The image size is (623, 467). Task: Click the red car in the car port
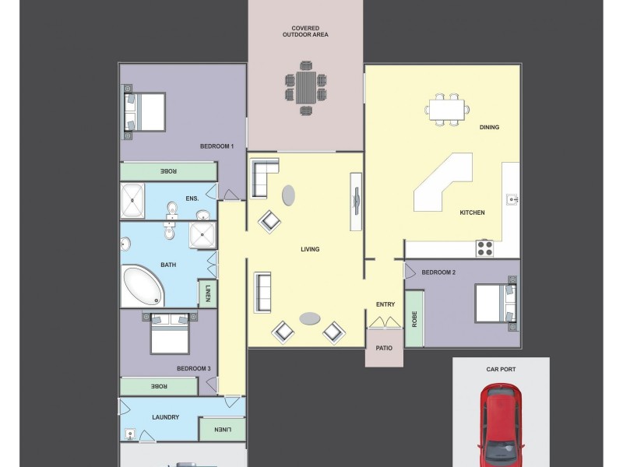(x=501, y=425)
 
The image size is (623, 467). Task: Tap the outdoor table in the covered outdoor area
(x=306, y=88)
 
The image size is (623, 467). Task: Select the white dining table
(x=447, y=110)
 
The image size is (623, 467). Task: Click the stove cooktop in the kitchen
(x=484, y=248)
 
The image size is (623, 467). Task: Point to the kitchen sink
(x=512, y=199)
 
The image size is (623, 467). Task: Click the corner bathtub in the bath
(x=143, y=286)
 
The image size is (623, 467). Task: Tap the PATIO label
(x=384, y=348)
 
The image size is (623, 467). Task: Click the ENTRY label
(x=385, y=304)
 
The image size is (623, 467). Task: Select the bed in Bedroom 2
(x=496, y=303)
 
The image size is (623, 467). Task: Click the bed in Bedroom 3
(x=170, y=334)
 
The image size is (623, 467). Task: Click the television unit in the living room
(x=356, y=202)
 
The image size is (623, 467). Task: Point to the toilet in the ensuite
(x=172, y=210)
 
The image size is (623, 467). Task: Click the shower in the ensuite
(x=132, y=201)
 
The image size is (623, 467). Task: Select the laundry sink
(x=130, y=434)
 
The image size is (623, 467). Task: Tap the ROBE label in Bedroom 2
(x=414, y=319)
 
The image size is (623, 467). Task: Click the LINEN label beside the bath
(x=208, y=293)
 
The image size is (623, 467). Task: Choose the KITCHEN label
(x=472, y=212)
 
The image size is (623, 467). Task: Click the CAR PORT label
(x=501, y=369)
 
